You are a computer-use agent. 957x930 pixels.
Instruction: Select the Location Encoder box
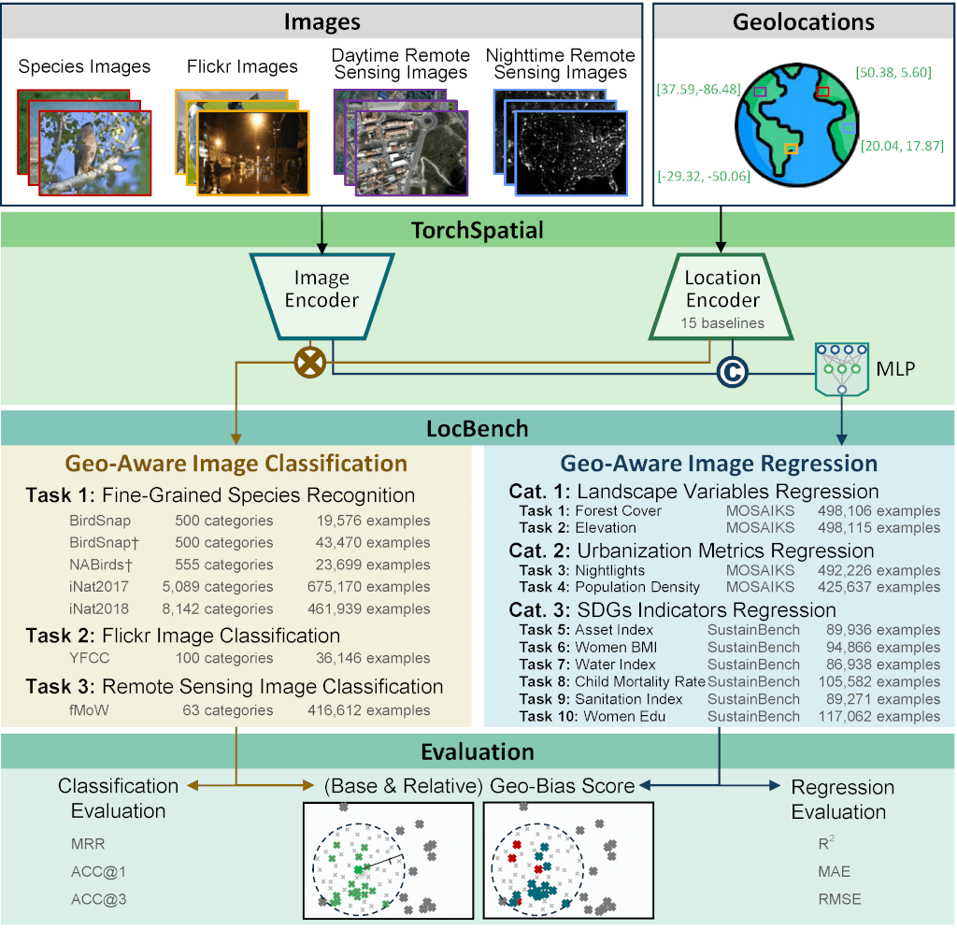pyautogui.click(x=721, y=296)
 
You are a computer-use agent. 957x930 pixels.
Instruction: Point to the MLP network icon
pyautogui.click(x=842, y=370)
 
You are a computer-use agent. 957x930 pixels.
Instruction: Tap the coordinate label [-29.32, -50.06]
pyautogui.click(x=704, y=175)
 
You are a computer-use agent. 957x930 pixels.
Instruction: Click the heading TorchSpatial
pyautogui.click(x=478, y=230)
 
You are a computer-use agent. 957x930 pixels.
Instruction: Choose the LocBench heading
pyautogui.click(x=478, y=429)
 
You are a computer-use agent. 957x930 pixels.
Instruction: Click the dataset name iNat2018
pyautogui.click(x=99, y=609)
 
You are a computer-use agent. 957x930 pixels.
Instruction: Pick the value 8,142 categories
pyautogui.click(x=224, y=609)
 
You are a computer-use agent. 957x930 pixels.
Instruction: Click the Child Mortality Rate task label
pyautogui.click(x=639, y=681)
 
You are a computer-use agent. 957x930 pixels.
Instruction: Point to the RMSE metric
pyautogui.click(x=839, y=899)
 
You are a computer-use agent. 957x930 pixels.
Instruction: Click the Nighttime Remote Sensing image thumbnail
pyautogui.click(x=570, y=151)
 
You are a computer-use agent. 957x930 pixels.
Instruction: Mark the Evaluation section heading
pyautogui.click(x=478, y=752)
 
